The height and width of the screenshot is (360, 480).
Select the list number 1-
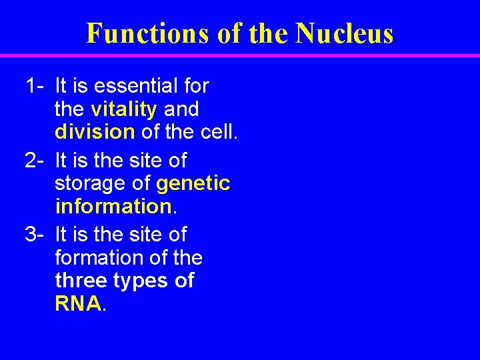point(35,86)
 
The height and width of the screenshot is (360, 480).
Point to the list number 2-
point(35,161)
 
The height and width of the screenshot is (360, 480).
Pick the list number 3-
point(35,235)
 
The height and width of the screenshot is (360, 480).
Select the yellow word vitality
point(124,109)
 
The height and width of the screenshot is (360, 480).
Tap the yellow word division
point(95,132)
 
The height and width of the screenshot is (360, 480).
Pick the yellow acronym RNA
point(78,304)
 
